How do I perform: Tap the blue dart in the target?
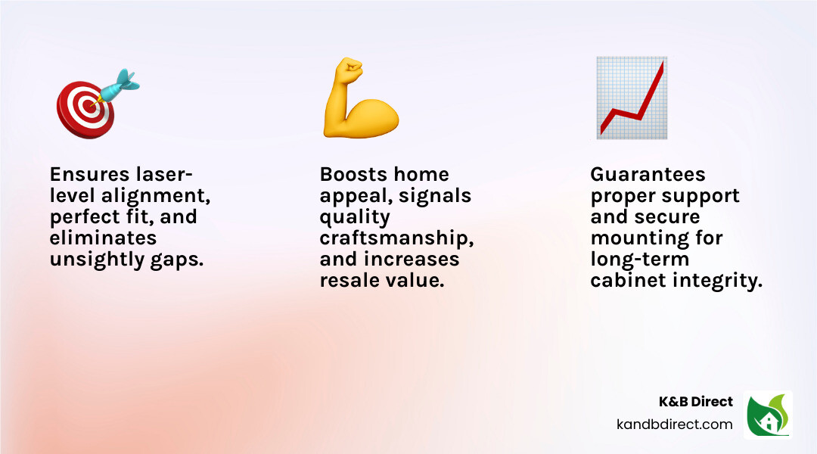pos(119,84)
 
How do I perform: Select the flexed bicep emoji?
pos(360,99)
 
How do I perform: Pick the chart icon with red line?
pos(631,98)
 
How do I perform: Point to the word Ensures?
pos(89,174)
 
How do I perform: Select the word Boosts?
pos(354,174)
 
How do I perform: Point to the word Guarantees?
pos(648,174)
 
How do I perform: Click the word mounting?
pos(657,238)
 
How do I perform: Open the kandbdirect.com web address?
pos(675,424)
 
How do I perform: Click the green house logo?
pos(768,415)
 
